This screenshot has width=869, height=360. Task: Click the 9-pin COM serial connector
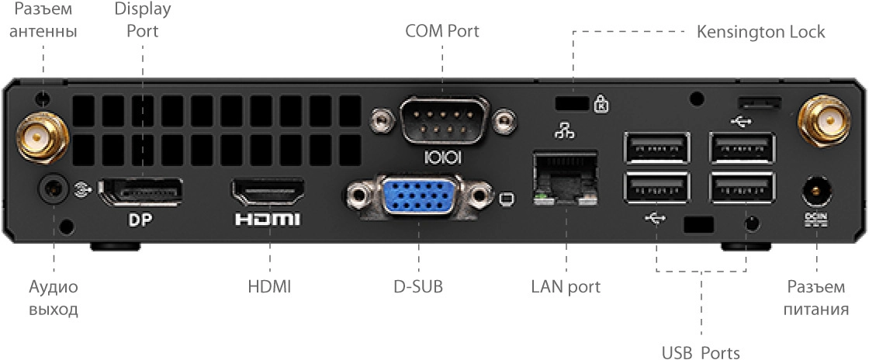pos(442,119)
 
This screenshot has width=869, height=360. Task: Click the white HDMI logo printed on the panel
pos(267,220)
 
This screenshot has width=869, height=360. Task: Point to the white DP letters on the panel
pos(140,220)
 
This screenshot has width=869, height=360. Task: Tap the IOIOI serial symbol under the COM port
pos(443,157)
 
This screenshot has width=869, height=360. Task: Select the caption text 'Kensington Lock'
pos(760,33)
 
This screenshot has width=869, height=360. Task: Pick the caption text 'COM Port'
pos(442,32)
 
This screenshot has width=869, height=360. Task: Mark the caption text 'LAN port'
pos(566,286)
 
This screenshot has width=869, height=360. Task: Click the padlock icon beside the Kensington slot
pos(600,102)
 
